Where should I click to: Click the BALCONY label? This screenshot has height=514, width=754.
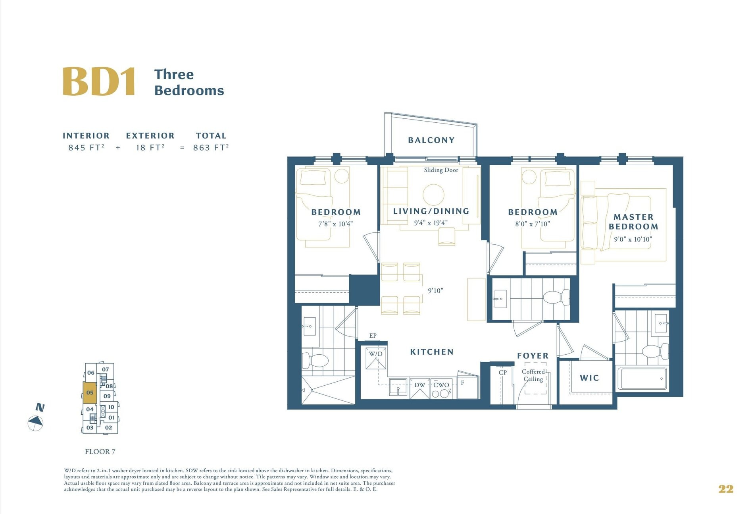tap(431, 140)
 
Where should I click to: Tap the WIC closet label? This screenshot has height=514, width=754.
tap(589, 378)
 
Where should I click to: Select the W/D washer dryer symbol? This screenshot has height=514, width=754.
tap(376, 358)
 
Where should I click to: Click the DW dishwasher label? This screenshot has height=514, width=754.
tap(419, 385)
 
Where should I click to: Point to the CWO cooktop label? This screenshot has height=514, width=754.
tap(441, 385)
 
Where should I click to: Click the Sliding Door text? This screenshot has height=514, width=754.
tap(441, 170)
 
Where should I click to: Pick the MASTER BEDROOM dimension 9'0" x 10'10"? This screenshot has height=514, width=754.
tap(633, 239)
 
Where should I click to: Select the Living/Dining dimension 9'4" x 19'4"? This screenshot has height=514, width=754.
tap(431, 223)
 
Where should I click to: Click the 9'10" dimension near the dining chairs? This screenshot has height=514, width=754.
tap(435, 291)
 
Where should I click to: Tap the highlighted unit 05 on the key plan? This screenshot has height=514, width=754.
tap(90, 392)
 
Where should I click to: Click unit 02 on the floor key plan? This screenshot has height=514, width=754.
tap(108, 428)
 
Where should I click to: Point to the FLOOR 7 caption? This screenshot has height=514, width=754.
tap(100, 452)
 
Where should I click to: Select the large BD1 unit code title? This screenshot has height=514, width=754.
tap(99, 81)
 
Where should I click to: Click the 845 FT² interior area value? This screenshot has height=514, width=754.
tap(87, 147)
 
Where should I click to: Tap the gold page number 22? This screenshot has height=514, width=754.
tap(726, 489)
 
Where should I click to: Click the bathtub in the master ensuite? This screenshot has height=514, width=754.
tap(642, 379)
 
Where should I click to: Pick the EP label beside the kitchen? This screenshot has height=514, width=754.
tap(373, 336)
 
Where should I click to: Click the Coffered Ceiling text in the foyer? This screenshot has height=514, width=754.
tap(533, 375)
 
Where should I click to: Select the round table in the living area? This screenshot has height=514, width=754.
tap(433, 195)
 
